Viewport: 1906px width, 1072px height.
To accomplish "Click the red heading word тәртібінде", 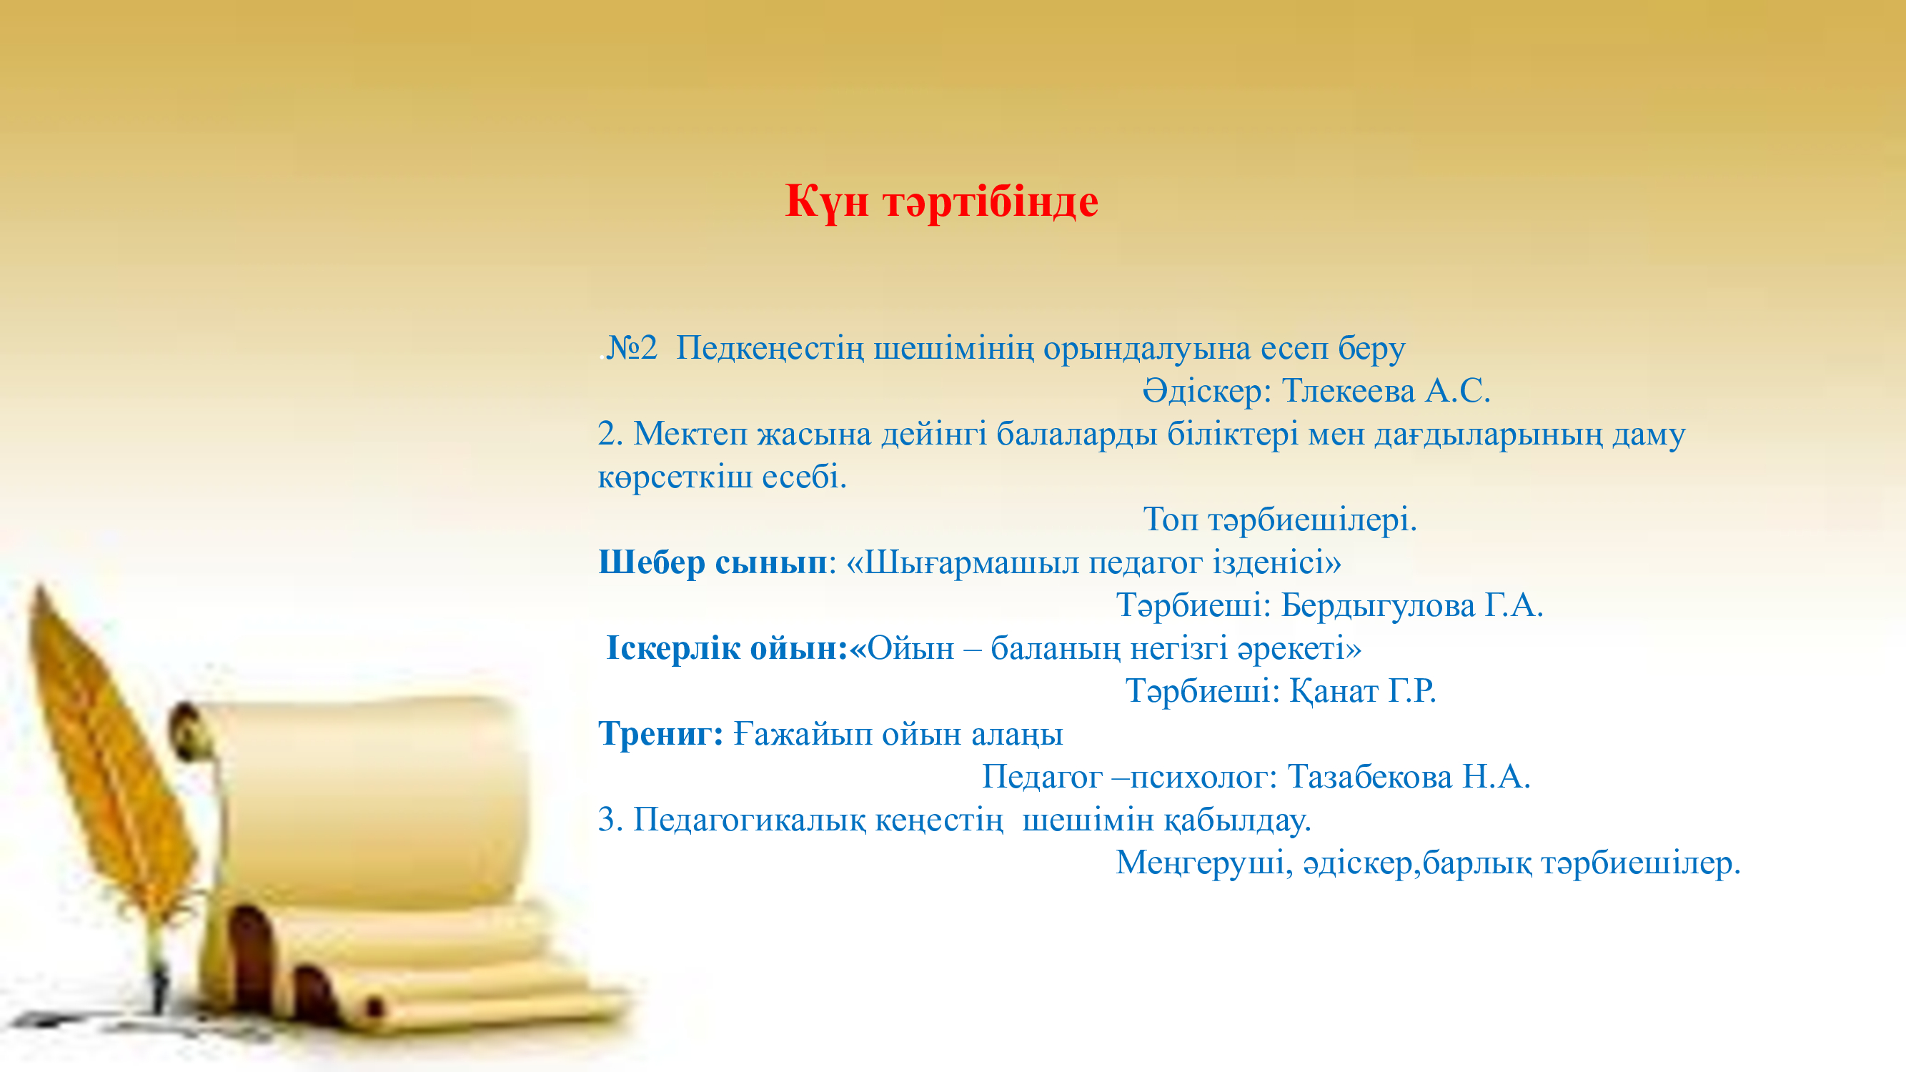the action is click(991, 202).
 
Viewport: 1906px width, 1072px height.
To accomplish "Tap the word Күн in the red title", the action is click(827, 202).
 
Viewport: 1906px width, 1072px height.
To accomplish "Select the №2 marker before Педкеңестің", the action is click(631, 348).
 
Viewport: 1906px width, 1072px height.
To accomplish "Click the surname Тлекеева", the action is click(1348, 391).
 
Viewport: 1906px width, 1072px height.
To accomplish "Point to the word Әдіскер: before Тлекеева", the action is click(1207, 391).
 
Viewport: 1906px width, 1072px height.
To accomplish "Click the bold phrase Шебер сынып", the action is click(713, 563).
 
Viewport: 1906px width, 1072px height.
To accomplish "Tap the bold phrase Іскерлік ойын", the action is click(726, 648).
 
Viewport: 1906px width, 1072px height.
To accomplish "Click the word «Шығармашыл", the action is click(963, 563).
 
